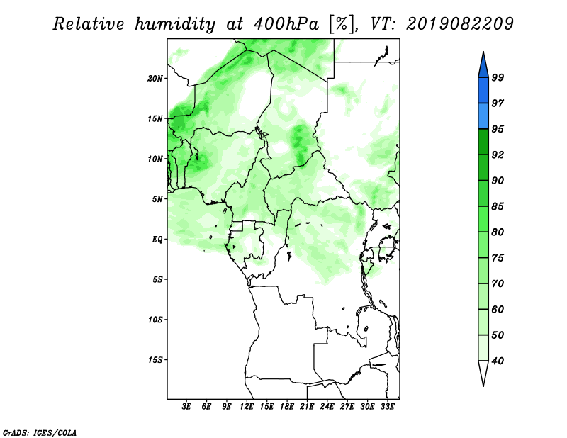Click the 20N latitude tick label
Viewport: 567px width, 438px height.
(155, 79)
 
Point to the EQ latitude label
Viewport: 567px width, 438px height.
(157, 240)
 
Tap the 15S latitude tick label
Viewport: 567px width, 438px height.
(155, 360)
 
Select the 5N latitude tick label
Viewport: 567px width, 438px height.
(157, 199)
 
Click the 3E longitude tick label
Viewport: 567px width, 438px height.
(186, 407)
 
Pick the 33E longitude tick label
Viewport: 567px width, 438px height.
(387, 407)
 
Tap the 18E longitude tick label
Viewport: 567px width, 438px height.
(287, 407)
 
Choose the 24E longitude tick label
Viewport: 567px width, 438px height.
(327, 407)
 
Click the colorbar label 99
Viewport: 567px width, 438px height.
(498, 77)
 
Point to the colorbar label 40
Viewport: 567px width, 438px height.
(498, 361)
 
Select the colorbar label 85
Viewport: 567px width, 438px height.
(498, 206)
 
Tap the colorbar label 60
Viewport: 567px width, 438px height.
(498, 310)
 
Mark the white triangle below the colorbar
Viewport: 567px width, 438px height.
(483, 372)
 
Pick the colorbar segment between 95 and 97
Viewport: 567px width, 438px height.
(483, 116)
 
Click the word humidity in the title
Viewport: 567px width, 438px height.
(175, 24)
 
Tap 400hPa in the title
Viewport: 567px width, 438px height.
(286, 24)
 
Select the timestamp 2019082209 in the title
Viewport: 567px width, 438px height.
(459, 24)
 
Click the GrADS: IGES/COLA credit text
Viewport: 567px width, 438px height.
(40, 433)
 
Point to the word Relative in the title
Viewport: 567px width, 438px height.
(89, 24)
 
